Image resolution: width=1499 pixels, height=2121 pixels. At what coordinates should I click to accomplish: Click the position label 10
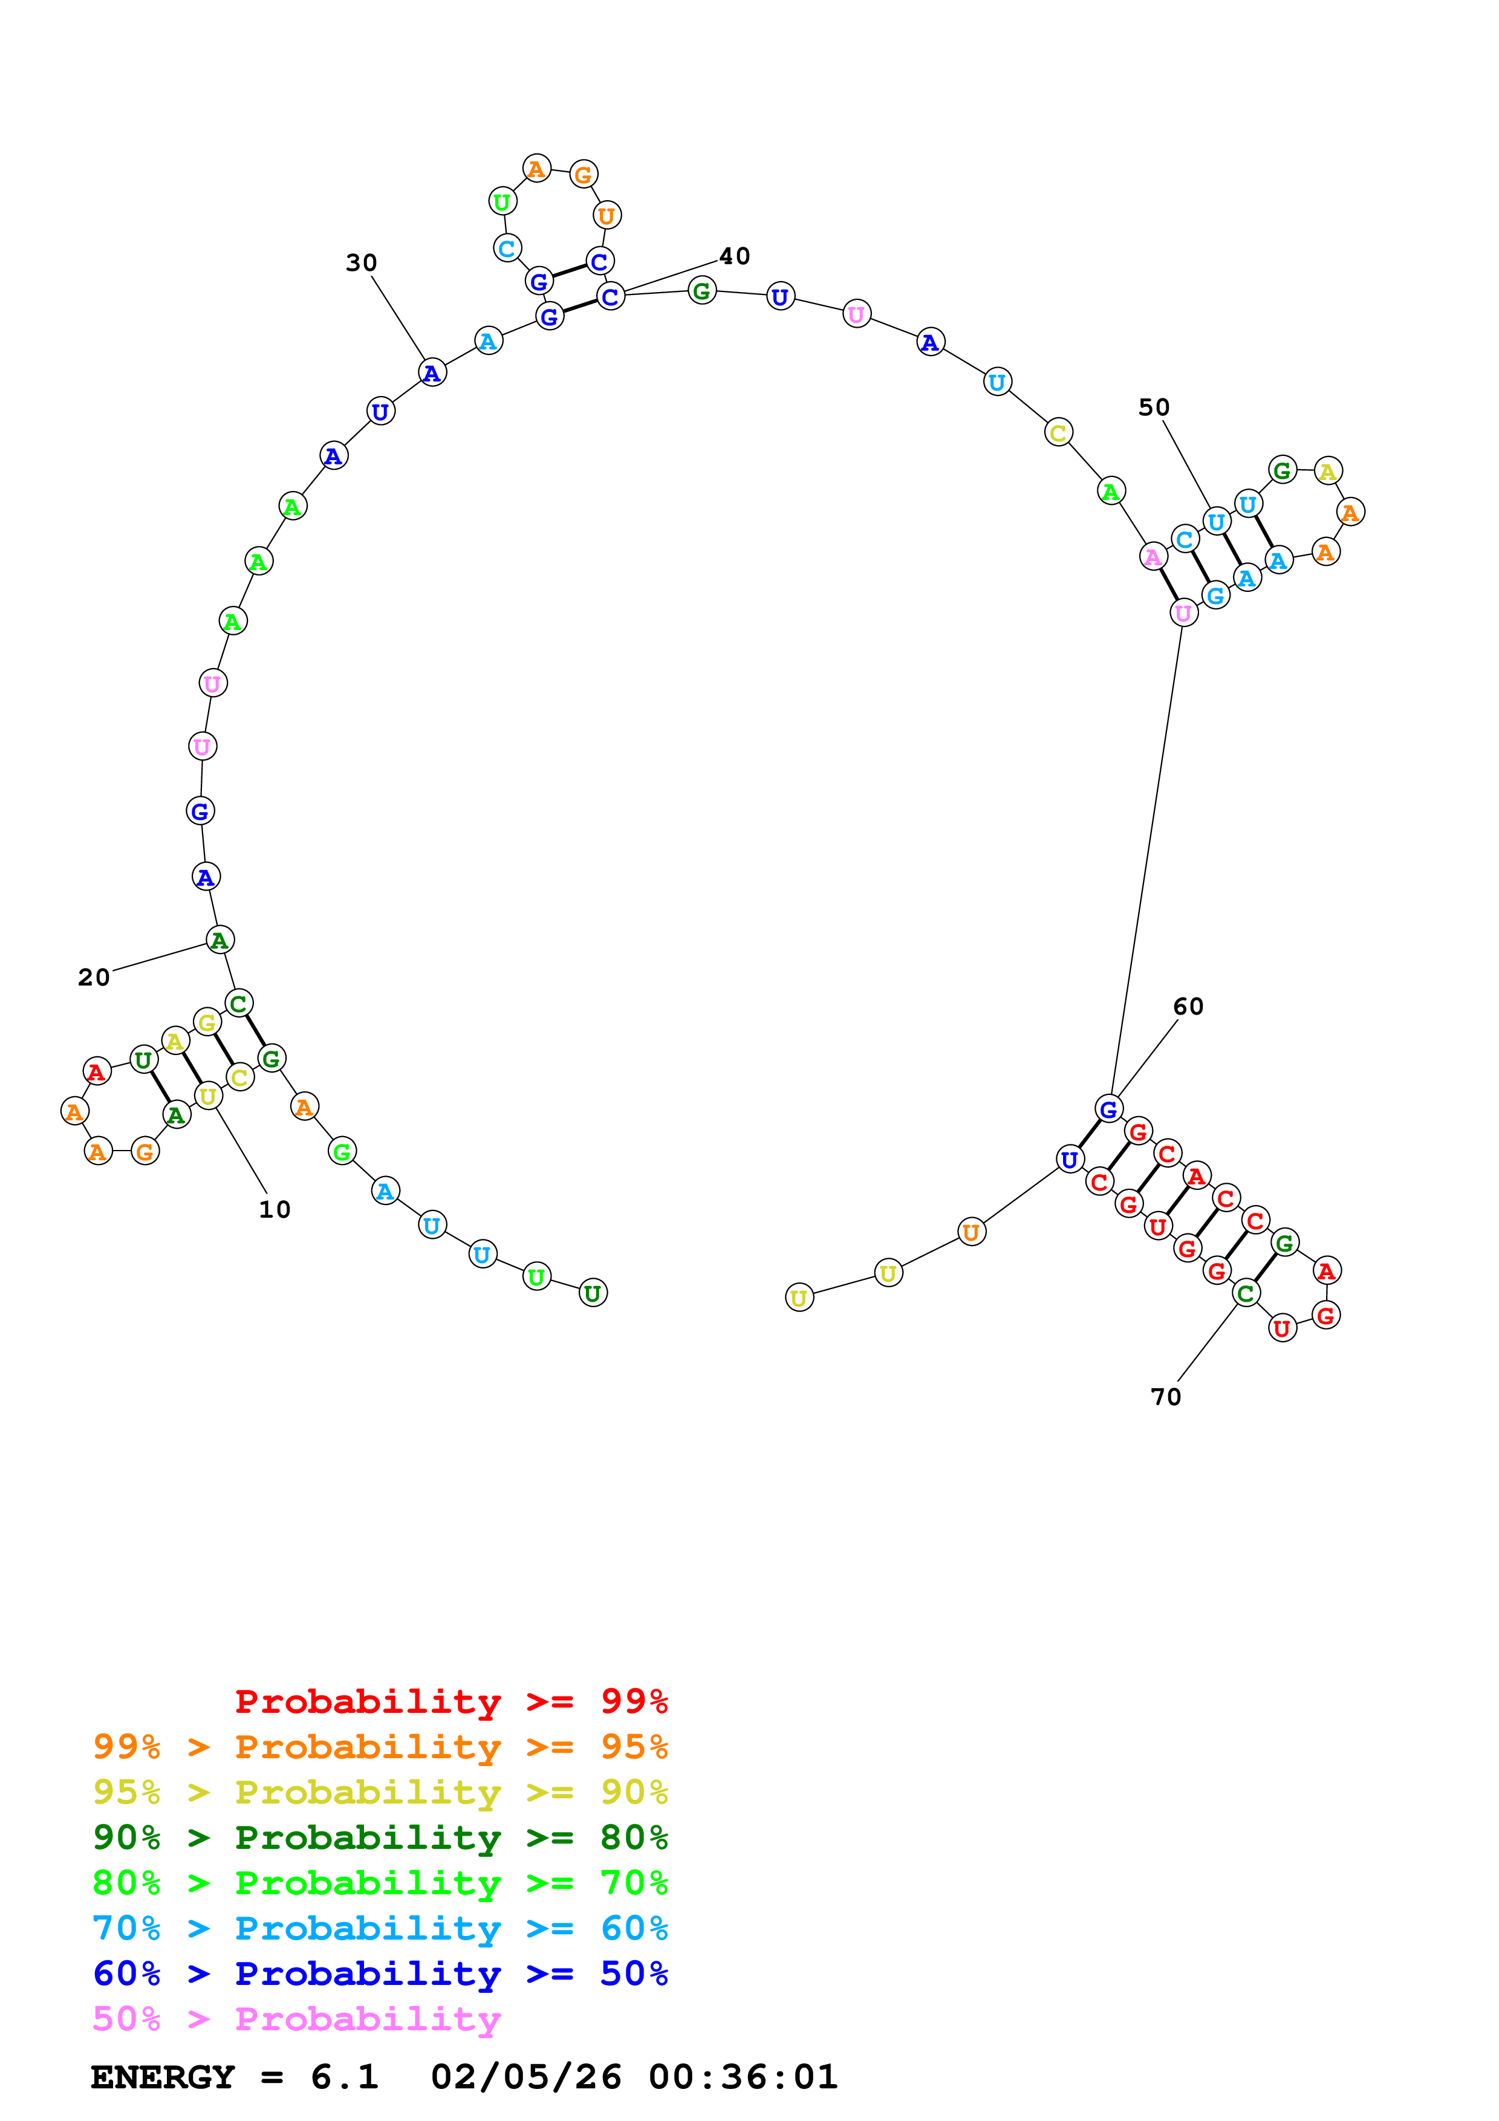point(275,1209)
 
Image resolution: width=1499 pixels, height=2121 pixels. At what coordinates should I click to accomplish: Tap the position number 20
point(93,977)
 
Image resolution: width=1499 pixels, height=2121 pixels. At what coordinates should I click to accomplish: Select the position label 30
point(361,263)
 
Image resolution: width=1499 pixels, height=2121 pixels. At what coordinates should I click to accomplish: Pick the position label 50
point(1154,408)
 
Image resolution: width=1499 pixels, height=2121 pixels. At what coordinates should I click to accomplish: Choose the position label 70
point(1166,1397)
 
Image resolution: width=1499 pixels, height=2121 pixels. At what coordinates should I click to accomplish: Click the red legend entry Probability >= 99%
point(450,1701)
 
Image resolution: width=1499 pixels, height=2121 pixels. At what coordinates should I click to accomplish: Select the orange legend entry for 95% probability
point(380,1747)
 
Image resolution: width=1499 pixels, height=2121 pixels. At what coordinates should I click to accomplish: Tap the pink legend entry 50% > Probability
point(296,2018)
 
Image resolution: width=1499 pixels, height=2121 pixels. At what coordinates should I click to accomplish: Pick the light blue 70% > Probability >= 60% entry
point(380,1928)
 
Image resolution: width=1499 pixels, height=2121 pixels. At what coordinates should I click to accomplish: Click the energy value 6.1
point(345,2077)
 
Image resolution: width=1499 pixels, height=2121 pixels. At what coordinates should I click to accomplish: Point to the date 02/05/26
point(525,2077)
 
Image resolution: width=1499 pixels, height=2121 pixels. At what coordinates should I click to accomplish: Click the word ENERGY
point(163,2077)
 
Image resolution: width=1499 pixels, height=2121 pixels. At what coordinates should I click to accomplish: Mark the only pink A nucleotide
point(1153,557)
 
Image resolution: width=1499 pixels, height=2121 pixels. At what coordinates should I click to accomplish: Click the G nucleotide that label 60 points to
point(1108,1108)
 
